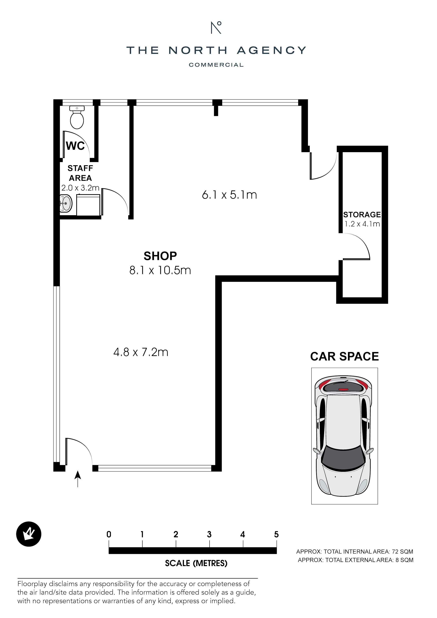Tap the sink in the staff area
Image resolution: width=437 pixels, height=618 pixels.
click(x=66, y=204)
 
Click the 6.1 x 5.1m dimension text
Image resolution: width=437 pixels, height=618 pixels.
click(x=229, y=195)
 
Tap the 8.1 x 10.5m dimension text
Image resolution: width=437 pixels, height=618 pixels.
click(x=160, y=270)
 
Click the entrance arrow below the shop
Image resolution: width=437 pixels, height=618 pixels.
click(x=78, y=479)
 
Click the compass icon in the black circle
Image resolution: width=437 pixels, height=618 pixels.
click(x=29, y=535)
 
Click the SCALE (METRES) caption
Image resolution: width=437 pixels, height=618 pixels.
click(x=196, y=563)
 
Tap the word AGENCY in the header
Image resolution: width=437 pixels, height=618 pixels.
click(x=272, y=50)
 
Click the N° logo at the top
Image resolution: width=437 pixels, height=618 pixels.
click(x=216, y=28)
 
